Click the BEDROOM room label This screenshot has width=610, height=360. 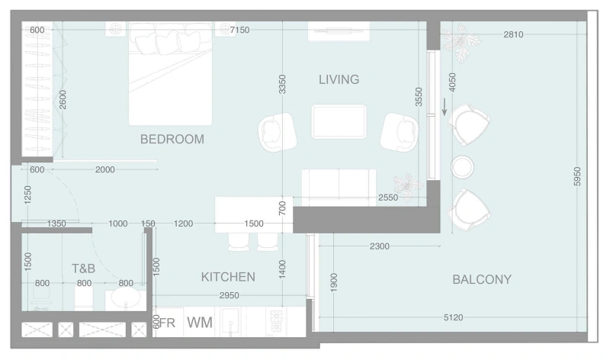pos(172,139)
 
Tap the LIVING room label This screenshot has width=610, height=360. pos(339,79)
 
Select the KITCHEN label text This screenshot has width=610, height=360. pos(228,276)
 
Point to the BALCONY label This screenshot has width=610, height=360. pos(482,279)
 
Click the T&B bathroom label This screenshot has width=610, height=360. pos(83,268)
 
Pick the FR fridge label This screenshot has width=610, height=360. pos(167,323)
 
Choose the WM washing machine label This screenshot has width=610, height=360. pos(199,323)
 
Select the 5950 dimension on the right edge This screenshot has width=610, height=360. pos(577,177)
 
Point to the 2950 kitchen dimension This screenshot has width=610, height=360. pos(230,294)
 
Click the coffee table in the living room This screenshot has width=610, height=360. pos(339,121)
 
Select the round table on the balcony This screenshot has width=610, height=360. pos(463,166)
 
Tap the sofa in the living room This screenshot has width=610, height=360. pos(339,184)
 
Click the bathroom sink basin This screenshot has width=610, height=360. pos(124,297)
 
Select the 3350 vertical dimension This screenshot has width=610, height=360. pos(282,84)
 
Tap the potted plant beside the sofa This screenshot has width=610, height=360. pos(406,185)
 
